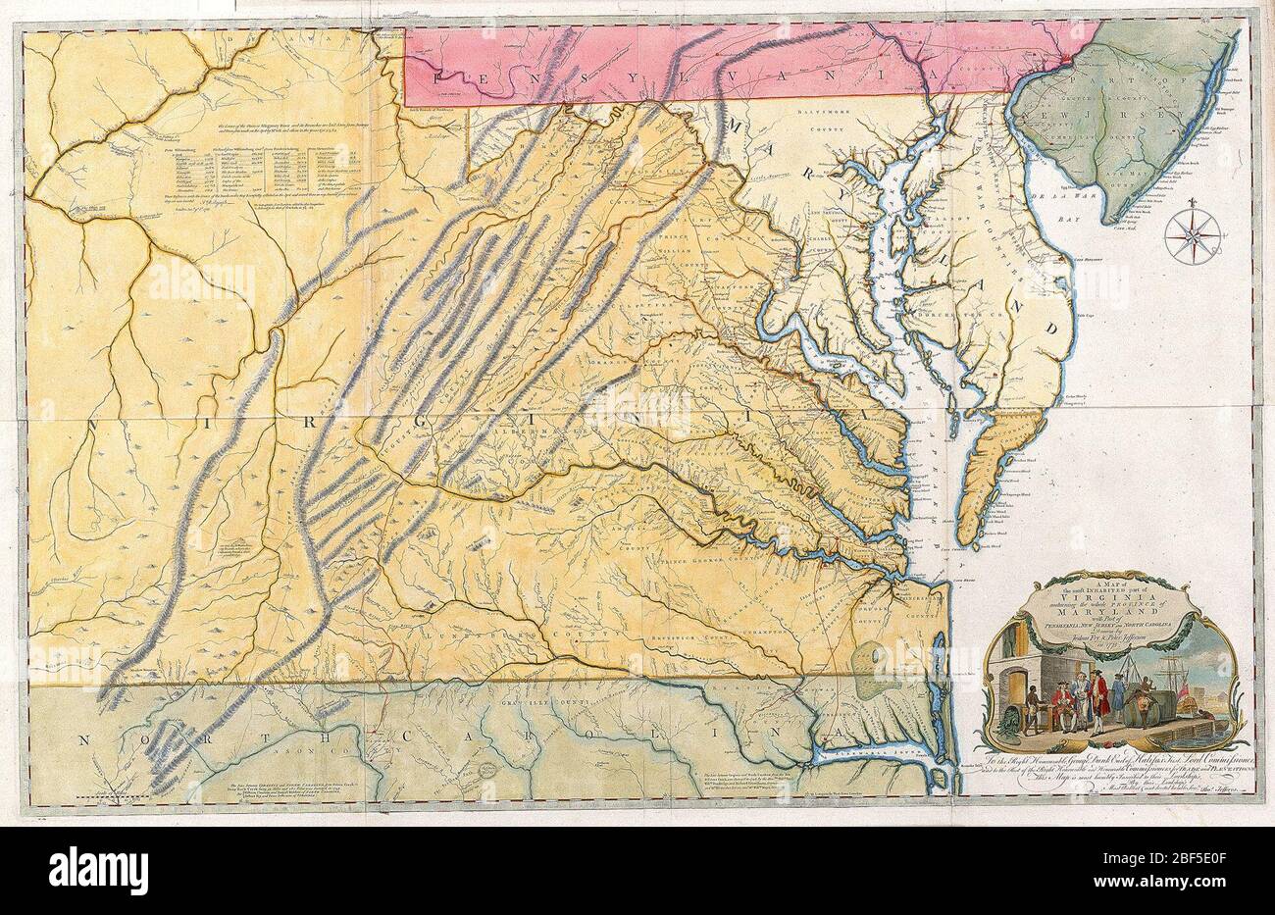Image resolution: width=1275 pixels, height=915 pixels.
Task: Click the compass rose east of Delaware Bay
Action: (1194, 233)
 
